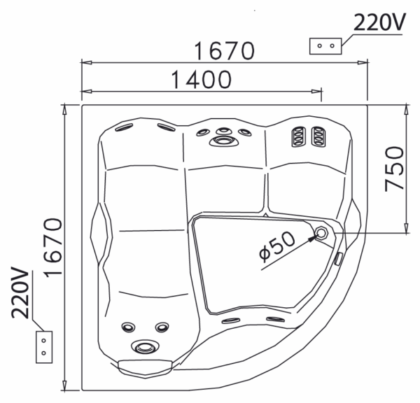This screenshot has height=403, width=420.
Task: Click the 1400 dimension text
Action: (199, 79)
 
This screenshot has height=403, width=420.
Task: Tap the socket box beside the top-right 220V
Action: (325, 46)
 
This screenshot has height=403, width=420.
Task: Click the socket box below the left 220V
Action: (43, 346)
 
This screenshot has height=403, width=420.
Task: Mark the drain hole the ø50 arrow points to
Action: (322, 233)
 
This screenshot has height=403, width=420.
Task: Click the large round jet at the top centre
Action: (223, 141)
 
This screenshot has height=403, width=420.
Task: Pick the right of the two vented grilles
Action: (317, 136)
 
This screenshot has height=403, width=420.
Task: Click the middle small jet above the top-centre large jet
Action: (223, 130)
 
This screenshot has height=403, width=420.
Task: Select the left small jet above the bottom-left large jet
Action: (128, 327)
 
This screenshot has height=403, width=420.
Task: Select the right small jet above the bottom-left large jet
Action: (162, 327)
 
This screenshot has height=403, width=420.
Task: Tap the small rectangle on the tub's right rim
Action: (339, 258)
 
